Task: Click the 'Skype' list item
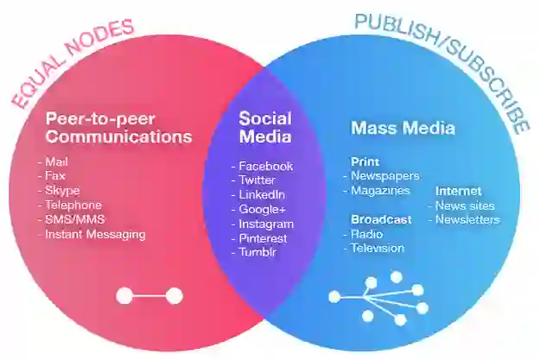point(64,190)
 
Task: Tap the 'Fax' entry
point(57,175)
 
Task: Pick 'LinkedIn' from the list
point(262,195)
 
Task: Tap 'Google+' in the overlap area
point(263,210)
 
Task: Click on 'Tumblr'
point(257,252)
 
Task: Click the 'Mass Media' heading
point(403,129)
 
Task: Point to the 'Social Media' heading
point(265,128)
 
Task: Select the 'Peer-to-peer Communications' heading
point(118,128)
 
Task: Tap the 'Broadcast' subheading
point(381,219)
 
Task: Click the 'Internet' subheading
point(458,191)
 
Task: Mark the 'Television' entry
point(377,249)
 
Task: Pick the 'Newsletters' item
point(467,219)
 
